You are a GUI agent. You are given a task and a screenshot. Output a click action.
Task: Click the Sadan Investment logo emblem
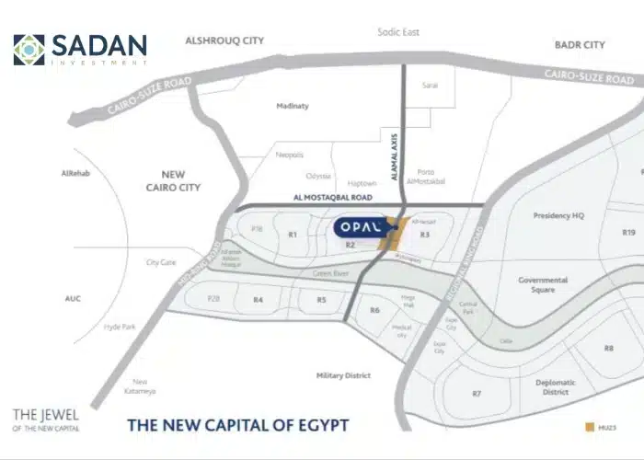pos(29,50)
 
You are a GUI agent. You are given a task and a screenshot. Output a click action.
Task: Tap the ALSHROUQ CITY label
pos(224,41)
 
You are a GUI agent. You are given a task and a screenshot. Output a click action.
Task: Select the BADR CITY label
pos(580,44)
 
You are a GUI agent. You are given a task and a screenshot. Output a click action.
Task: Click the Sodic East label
pos(398,32)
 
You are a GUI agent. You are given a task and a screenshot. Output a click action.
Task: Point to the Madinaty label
pos(293,106)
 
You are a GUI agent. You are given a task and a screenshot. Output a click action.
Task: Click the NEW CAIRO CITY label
pos(180,180)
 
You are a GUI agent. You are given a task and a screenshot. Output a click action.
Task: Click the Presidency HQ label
pos(559,216)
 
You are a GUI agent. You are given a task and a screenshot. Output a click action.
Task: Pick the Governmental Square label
pos(543,284)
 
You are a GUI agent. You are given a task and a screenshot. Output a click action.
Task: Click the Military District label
pos(343,375)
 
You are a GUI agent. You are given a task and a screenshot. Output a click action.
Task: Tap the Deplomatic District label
pos(556,386)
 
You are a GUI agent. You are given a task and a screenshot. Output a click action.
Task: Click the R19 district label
pos(629,233)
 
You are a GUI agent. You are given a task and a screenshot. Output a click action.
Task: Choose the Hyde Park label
pos(120,327)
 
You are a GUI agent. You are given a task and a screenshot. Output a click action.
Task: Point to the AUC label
pos(74,298)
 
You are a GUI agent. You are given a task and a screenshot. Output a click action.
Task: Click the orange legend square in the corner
pos(589,428)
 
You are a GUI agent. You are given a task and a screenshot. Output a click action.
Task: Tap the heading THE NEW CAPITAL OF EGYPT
pos(237,425)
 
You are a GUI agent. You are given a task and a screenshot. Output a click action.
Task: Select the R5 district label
pos(321,300)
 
